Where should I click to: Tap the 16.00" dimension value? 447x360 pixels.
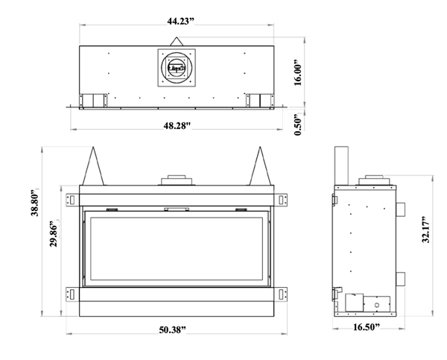tap(298, 74)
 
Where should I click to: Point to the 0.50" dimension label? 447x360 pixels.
tap(298, 123)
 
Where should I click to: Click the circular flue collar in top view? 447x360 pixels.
tap(177, 69)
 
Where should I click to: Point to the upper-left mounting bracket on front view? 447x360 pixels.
tap(72, 199)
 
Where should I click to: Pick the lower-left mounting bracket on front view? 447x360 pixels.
tap(72, 292)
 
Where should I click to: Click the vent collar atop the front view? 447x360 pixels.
tap(177, 180)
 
